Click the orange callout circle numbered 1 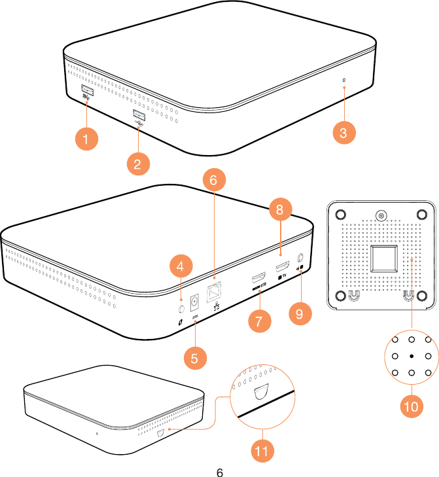tap(85, 139)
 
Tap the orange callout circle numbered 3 tap(343, 133)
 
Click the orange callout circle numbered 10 tap(411, 406)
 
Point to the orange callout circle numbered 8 tap(279, 210)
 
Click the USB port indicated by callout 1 tap(87, 90)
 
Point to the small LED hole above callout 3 tap(344, 80)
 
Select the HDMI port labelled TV tap(283, 266)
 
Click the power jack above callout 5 tap(194, 302)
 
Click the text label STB tap(263, 285)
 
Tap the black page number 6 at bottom tap(220, 471)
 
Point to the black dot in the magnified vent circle tap(411, 356)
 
